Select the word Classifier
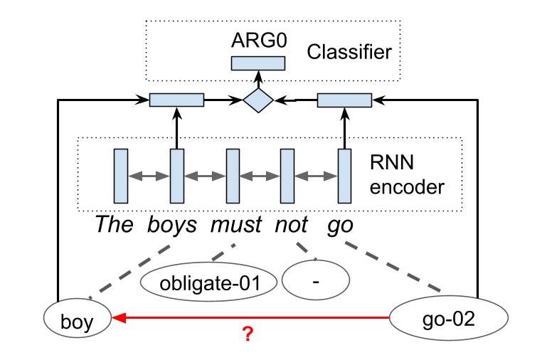pyautogui.click(x=349, y=51)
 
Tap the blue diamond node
pyautogui.click(x=258, y=102)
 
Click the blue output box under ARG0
pyautogui.click(x=258, y=63)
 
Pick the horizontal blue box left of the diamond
pyautogui.click(x=176, y=100)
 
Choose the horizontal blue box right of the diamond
pyautogui.click(x=344, y=101)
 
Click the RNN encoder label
pyautogui.click(x=407, y=175)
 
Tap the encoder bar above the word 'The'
pyautogui.click(x=120, y=175)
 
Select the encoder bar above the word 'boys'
pyautogui.click(x=176, y=175)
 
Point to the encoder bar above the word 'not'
pyautogui.click(x=287, y=175)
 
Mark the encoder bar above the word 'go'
pyautogui.click(x=344, y=175)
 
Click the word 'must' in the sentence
pyautogui.click(x=234, y=226)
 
